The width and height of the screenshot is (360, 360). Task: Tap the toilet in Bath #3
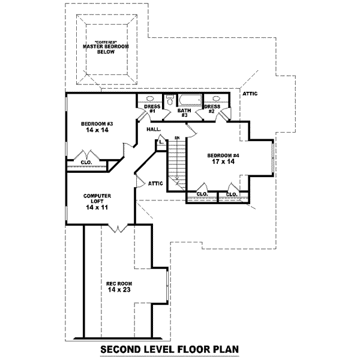169,101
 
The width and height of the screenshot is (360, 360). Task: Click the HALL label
152,129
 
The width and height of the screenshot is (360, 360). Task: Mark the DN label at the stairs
177,138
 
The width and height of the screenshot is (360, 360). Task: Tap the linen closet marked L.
161,143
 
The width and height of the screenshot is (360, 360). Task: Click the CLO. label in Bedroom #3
86,162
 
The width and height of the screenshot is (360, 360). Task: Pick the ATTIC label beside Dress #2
250,94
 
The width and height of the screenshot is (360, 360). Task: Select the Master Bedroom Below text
106,49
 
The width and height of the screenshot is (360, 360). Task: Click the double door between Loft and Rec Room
118,227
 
